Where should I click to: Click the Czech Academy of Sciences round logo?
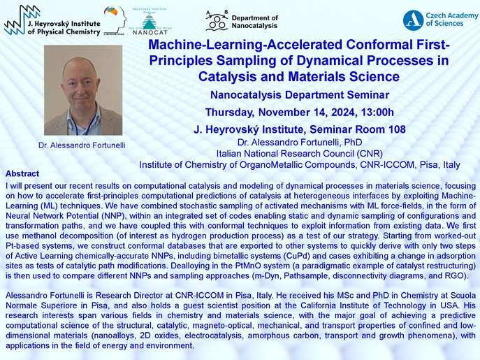413,20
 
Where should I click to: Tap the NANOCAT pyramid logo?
150,22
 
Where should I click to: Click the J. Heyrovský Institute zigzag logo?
22,20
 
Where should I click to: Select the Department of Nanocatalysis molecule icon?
217,21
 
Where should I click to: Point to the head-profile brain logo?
115,20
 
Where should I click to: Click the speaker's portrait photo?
83,90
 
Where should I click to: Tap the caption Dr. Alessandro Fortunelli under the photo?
82,145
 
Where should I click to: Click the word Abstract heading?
22,174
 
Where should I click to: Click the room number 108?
397,129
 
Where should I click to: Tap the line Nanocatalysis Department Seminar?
300,95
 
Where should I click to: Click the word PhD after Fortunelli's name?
354,143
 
